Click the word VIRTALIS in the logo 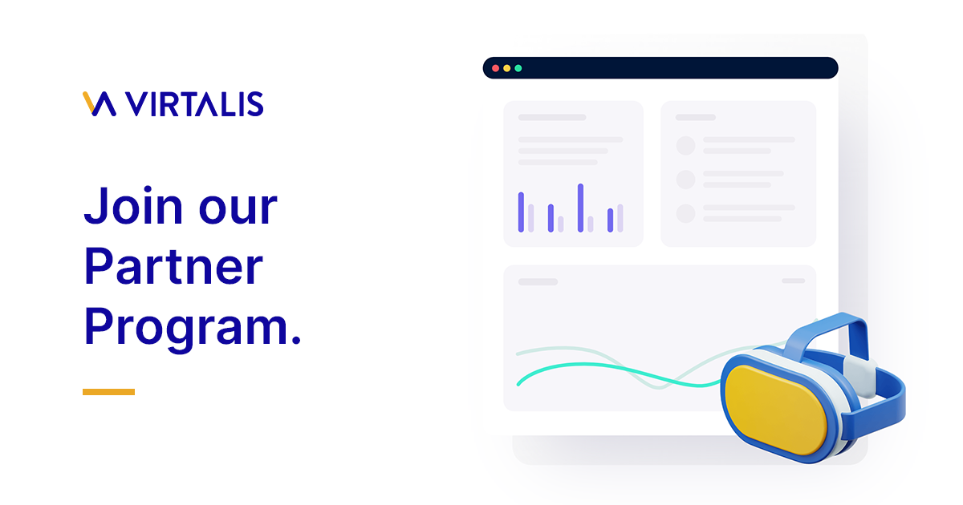pyautogui.click(x=195, y=104)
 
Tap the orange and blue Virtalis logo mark pyautogui.click(x=100, y=104)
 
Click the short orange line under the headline pyautogui.click(x=108, y=392)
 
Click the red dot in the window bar pyautogui.click(x=495, y=68)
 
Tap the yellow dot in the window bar pyautogui.click(x=506, y=68)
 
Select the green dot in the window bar pyautogui.click(x=518, y=68)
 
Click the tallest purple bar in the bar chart pyautogui.click(x=580, y=208)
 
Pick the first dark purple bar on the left pyautogui.click(x=521, y=212)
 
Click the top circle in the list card pyautogui.click(x=685, y=145)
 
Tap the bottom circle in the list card pyautogui.click(x=685, y=213)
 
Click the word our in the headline pyautogui.click(x=238, y=206)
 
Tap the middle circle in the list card pyautogui.click(x=685, y=179)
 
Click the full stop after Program pyautogui.click(x=295, y=340)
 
